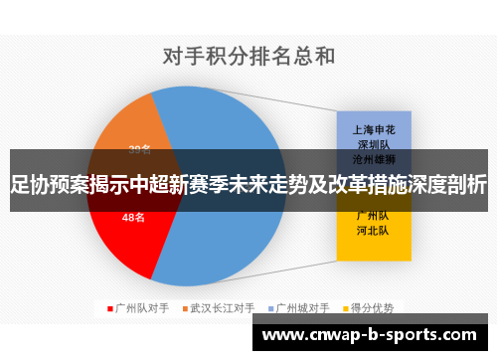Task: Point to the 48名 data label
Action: click(x=133, y=217)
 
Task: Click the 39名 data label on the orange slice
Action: click(x=140, y=150)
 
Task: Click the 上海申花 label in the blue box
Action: click(x=374, y=128)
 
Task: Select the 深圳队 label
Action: click(x=374, y=143)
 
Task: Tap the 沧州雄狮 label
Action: click(x=374, y=158)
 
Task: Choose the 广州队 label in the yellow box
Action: click(x=374, y=216)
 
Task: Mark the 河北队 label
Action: click(x=374, y=231)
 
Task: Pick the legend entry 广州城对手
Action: click(x=302, y=307)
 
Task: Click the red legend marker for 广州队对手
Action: click(x=109, y=307)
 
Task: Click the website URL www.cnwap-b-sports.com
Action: click(x=369, y=337)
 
